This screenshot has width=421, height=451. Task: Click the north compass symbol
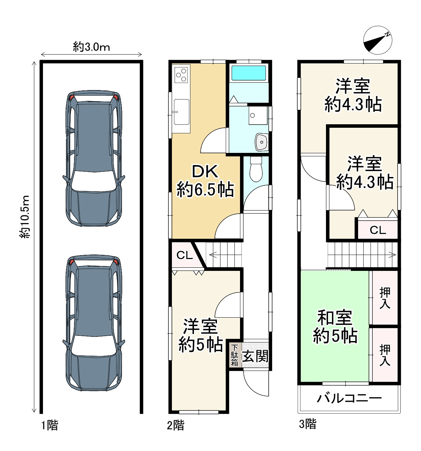[378, 40]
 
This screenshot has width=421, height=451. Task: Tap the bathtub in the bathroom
[248, 73]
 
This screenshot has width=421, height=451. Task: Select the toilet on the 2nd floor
[256, 169]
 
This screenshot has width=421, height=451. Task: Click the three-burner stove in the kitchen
[181, 75]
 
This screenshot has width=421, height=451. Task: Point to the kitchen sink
[181, 112]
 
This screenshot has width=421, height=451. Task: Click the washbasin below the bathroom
[262, 142]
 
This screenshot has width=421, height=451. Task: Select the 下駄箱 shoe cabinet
[235, 356]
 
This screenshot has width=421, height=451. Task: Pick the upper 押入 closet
[384, 298]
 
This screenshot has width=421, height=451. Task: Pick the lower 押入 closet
[384, 355]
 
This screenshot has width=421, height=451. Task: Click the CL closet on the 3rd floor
[378, 230]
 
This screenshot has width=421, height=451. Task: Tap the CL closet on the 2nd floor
[184, 255]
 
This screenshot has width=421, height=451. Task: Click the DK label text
[205, 171]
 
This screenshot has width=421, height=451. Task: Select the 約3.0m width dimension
[92, 47]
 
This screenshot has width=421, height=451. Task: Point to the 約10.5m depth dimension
[24, 217]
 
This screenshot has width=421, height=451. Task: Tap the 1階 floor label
[50, 425]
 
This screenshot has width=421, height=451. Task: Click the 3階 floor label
[307, 424]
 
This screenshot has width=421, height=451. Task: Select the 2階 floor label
[175, 425]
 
